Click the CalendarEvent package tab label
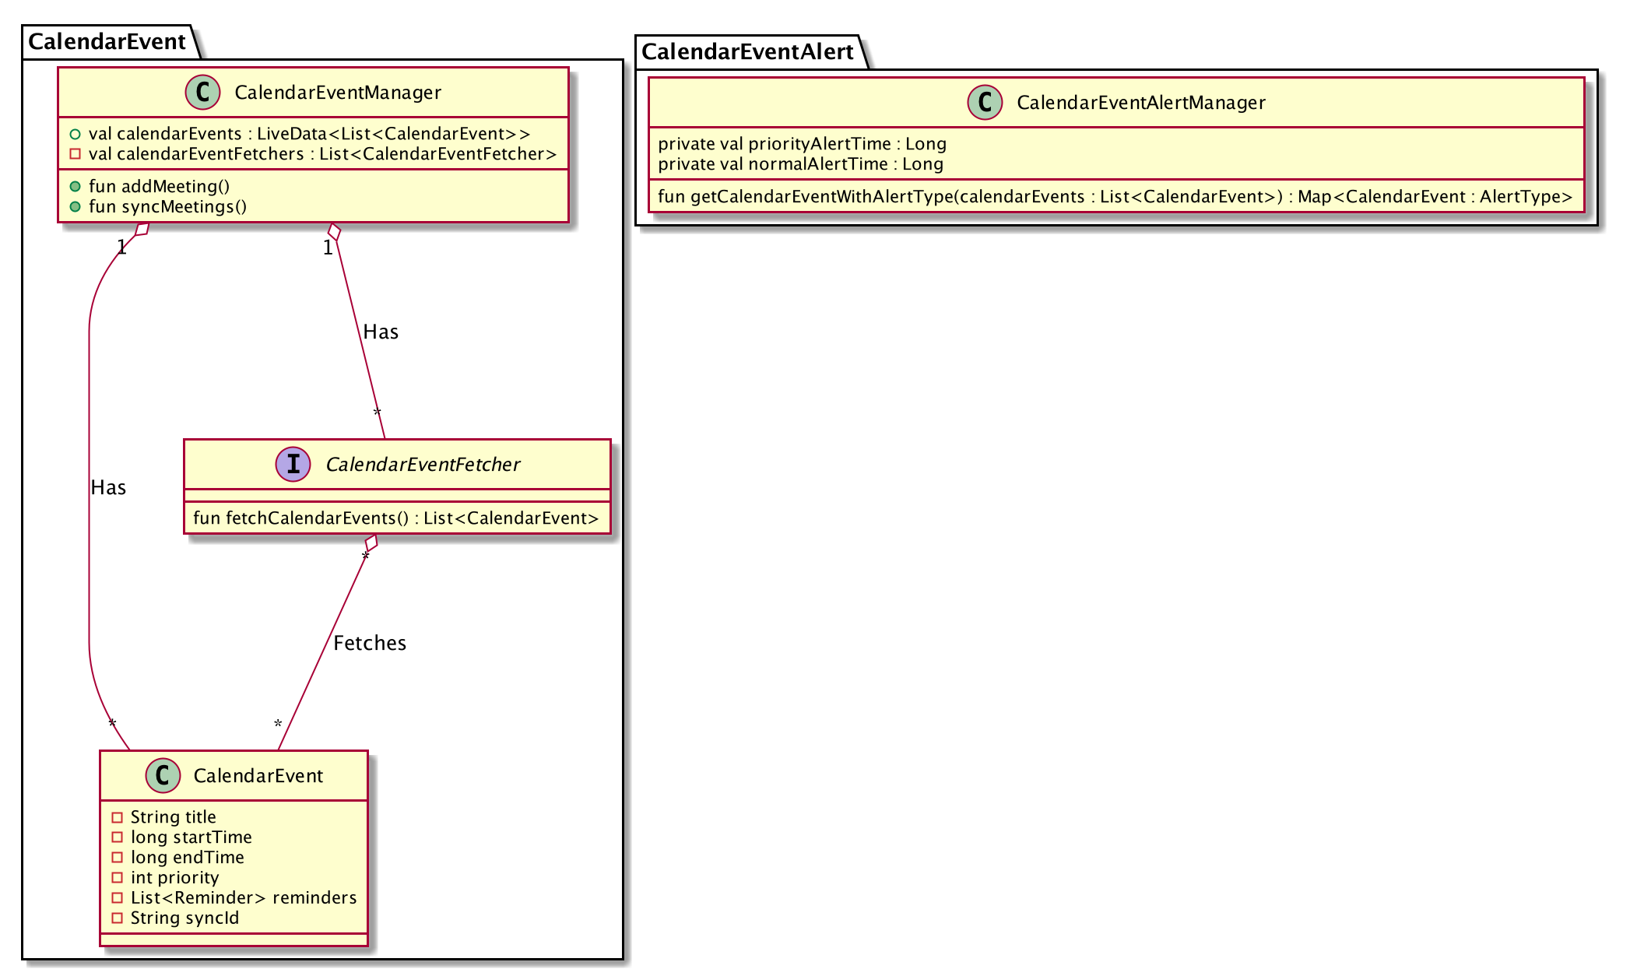point(107,41)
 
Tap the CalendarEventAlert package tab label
point(747,51)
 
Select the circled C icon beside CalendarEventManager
point(202,93)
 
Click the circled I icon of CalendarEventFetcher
point(293,465)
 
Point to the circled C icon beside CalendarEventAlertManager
point(985,103)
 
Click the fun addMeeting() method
point(159,187)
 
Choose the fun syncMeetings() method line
point(167,207)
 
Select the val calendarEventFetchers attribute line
point(322,154)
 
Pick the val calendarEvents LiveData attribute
point(309,134)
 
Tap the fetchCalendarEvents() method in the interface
point(396,518)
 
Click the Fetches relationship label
point(370,644)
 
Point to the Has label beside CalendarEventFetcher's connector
point(381,332)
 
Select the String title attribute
point(173,817)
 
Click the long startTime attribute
point(191,837)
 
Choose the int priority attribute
point(174,878)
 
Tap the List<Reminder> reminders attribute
point(243,898)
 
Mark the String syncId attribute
point(184,918)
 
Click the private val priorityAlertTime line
point(802,144)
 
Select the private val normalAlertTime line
point(800,164)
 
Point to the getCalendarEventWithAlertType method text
point(1115,197)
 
